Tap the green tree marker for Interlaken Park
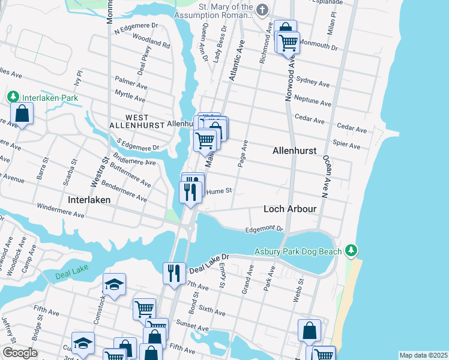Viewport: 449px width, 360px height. tap(12, 97)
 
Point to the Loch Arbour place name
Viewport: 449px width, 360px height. tap(290, 209)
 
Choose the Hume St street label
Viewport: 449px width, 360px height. tap(219, 191)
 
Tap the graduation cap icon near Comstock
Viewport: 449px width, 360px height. tap(114, 284)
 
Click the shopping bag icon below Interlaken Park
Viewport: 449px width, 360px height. tap(22, 114)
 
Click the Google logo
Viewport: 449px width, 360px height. tap(20, 353)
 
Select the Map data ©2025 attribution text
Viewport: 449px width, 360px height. tap(423, 355)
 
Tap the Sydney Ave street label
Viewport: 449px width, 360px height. tap(313, 83)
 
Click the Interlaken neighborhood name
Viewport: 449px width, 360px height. tap(90, 200)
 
